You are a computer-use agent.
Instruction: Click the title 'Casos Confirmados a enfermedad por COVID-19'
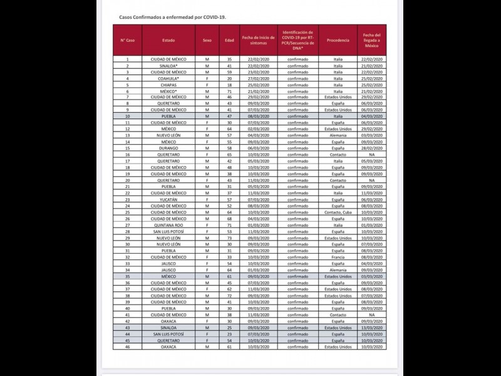pos(173,18)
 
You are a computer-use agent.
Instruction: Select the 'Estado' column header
pos(168,40)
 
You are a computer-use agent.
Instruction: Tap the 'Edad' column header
pos(229,40)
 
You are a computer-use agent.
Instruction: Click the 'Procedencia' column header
pos(338,40)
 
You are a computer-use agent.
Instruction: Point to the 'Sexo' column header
pos(207,40)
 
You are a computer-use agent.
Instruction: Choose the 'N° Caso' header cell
pos(128,40)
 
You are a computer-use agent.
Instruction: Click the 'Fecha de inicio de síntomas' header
pos(258,40)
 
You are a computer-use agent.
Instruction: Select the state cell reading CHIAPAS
pos(168,85)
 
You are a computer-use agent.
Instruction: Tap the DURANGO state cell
pos(168,149)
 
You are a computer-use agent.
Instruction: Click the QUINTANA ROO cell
pos(168,224)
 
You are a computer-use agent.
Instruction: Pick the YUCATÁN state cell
pos(168,199)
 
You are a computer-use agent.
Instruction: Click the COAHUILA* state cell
pos(168,78)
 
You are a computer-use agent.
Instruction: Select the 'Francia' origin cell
pos(338,257)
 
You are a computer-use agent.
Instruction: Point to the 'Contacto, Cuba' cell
pos(338,212)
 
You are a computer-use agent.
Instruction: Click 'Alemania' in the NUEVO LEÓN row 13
pos(338,135)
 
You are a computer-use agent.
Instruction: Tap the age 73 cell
pos(229,238)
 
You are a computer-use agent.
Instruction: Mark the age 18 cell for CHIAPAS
pos(229,85)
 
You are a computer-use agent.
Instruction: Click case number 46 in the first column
pos(128,347)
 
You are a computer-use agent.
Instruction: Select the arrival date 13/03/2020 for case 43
pos(371,327)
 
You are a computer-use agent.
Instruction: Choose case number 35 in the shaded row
pos(128,276)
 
